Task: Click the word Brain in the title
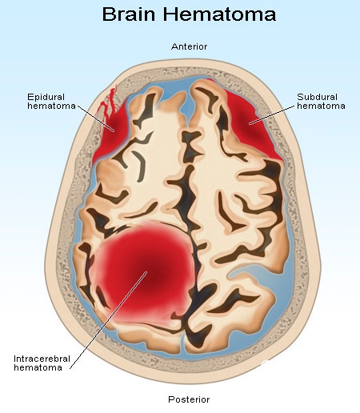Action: [129, 14]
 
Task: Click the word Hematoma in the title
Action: [219, 14]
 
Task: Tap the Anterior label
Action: [189, 46]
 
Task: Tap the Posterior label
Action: [189, 399]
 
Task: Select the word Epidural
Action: [46, 98]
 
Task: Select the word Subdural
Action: [317, 97]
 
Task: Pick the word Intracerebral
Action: [42, 359]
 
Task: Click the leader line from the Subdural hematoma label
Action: [272, 114]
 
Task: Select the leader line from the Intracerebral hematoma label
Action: [108, 320]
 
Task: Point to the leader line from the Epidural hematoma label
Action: [96, 118]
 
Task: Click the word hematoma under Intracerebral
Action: [38, 367]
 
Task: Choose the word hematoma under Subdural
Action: [321, 106]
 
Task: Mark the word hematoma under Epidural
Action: [51, 106]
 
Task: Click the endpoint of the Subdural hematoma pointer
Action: [250, 124]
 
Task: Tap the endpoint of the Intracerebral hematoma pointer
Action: [146, 272]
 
